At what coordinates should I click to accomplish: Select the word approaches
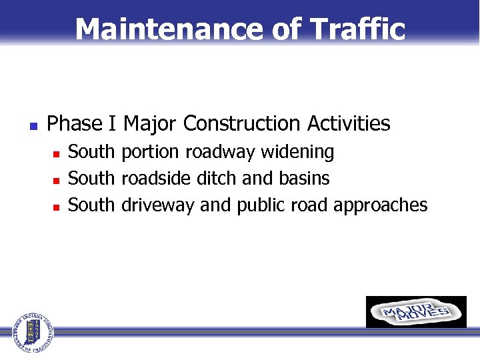pyautogui.click(x=381, y=205)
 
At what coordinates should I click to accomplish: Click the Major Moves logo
pyautogui.click(x=416, y=312)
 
